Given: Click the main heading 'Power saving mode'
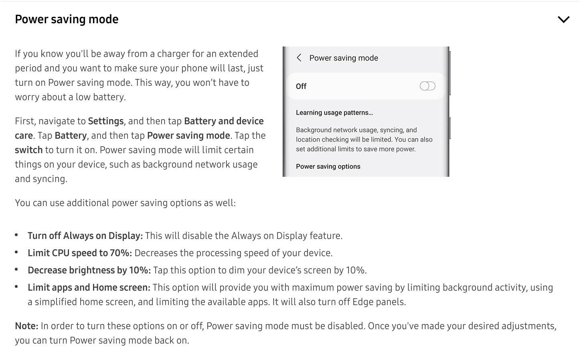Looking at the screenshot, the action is coord(67,20).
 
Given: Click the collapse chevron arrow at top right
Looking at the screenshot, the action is coord(563,20).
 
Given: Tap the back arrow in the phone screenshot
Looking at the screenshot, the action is coord(299,58).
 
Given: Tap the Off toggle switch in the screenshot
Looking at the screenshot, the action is coord(427,86).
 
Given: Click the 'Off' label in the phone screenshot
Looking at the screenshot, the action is coord(301,87).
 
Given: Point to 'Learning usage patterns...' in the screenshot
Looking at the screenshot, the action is coord(334,113).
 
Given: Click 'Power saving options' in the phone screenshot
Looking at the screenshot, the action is coord(328,167).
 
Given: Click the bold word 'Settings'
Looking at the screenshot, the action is coord(106,121).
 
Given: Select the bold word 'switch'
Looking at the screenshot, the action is coord(28,150).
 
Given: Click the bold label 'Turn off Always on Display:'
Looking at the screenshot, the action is coord(85,236).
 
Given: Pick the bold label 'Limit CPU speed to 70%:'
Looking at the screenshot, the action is coord(80,253).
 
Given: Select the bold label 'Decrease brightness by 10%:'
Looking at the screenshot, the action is coord(89,270).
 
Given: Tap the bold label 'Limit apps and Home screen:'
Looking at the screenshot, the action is coord(89,287).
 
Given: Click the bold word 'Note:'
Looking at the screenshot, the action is coord(26,326).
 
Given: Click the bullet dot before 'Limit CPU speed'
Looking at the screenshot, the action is coord(16,252).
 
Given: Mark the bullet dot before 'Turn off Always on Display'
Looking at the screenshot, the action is coord(16,235).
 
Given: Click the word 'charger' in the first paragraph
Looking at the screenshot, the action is coord(173,54).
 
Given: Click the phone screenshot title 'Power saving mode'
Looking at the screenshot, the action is coord(344,58).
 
